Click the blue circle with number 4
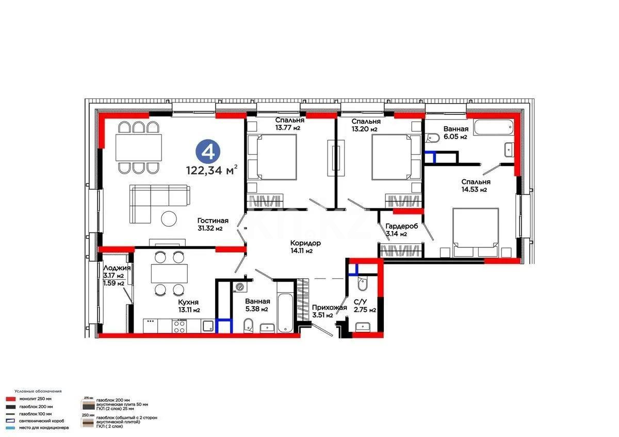[208, 152]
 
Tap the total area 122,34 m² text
[212, 170]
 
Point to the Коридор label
[305, 243]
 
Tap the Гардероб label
[402, 226]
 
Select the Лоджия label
[117, 268]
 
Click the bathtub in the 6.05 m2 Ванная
[494, 126]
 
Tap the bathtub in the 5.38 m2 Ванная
[285, 306]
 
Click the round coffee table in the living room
[169, 218]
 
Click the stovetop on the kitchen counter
[180, 325]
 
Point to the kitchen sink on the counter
[208, 325]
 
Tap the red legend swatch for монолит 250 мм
[9, 399]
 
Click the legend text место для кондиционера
[44, 428]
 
